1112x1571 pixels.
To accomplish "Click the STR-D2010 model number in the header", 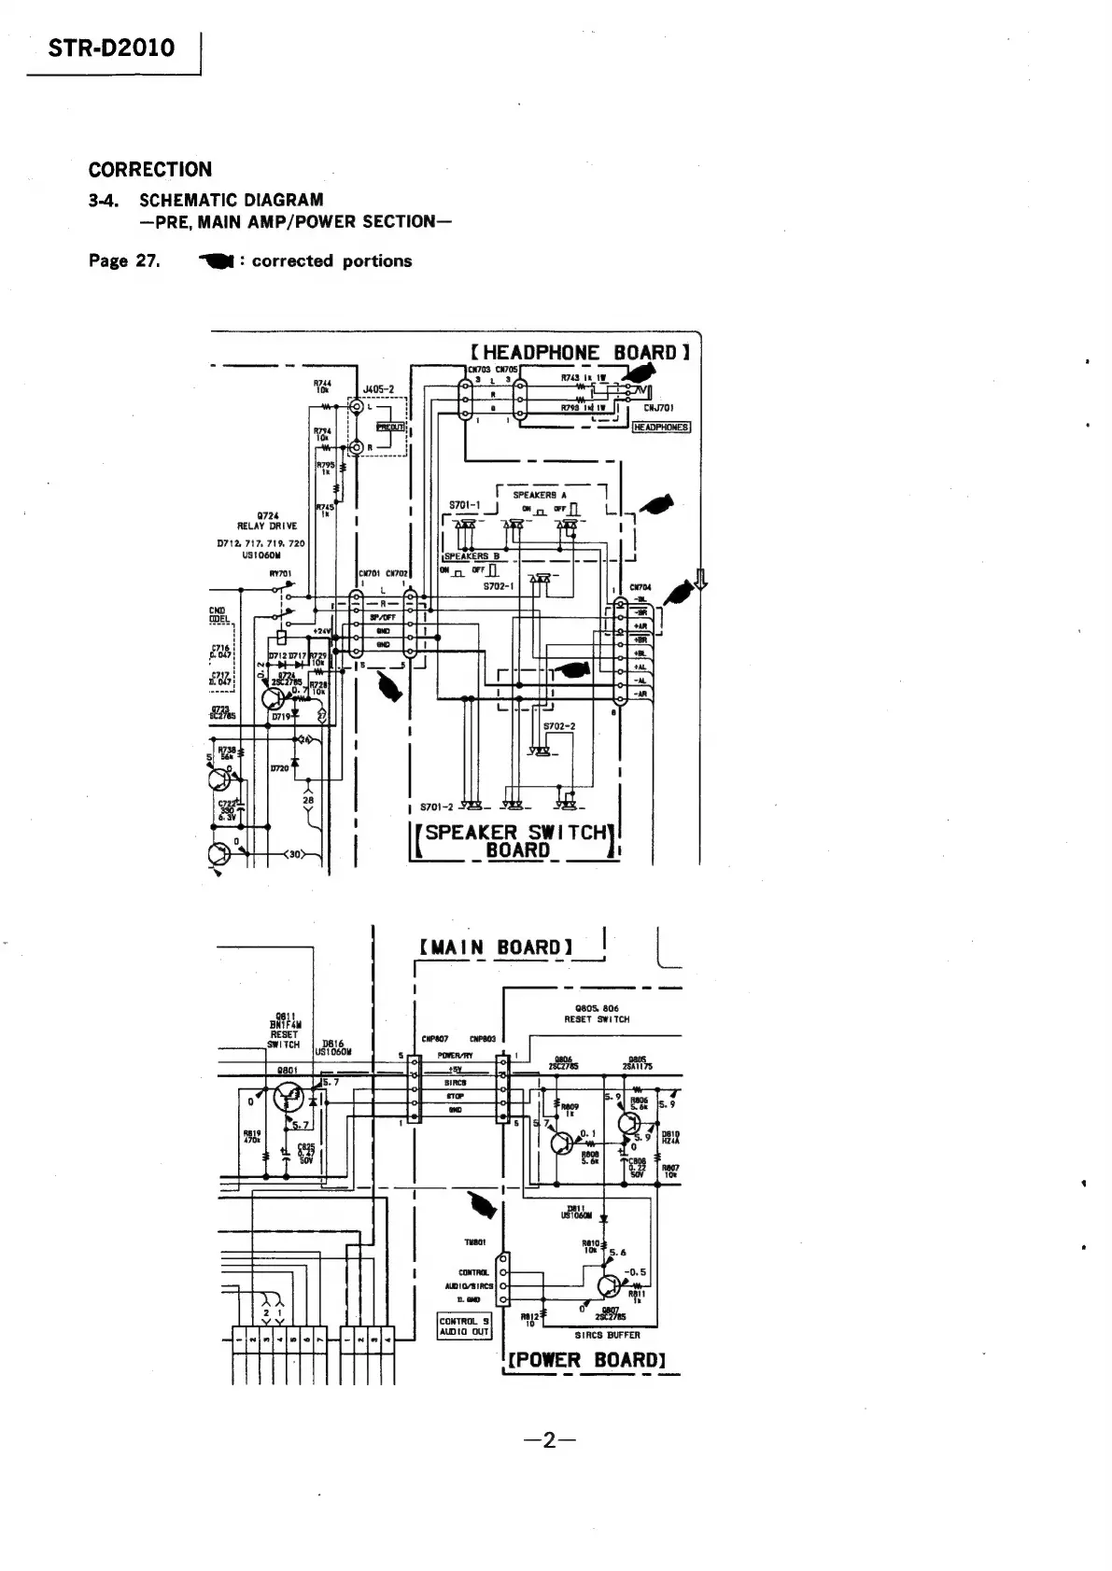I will pyautogui.click(x=111, y=48).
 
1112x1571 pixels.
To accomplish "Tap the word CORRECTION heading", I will pyautogui.click(x=149, y=169).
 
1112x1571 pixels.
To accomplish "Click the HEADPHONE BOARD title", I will pyautogui.click(x=580, y=352).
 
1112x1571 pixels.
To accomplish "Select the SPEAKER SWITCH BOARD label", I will pyautogui.click(x=517, y=840).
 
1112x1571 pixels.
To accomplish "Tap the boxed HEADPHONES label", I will pyautogui.click(x=661, y=427).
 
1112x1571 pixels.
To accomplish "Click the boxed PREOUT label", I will pyautogui.click(x=388, y=427).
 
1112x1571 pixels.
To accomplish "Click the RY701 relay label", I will pyautogui.click(x=280, y=574).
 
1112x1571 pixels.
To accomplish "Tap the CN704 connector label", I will pyautogui.click(x=640, y=587).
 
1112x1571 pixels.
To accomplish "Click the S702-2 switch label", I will pyautogui.click(x=560, y=725).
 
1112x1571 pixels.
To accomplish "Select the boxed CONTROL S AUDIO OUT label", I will pyautogui.click(x=464, y=1326).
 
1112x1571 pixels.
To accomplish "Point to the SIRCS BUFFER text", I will pyautogui.click(x=606, y=1335).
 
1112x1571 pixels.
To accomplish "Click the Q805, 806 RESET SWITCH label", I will pyautogui.click(x=597, y=1014).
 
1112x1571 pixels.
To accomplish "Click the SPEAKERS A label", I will pyautogui.click(x=533, y=495).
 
